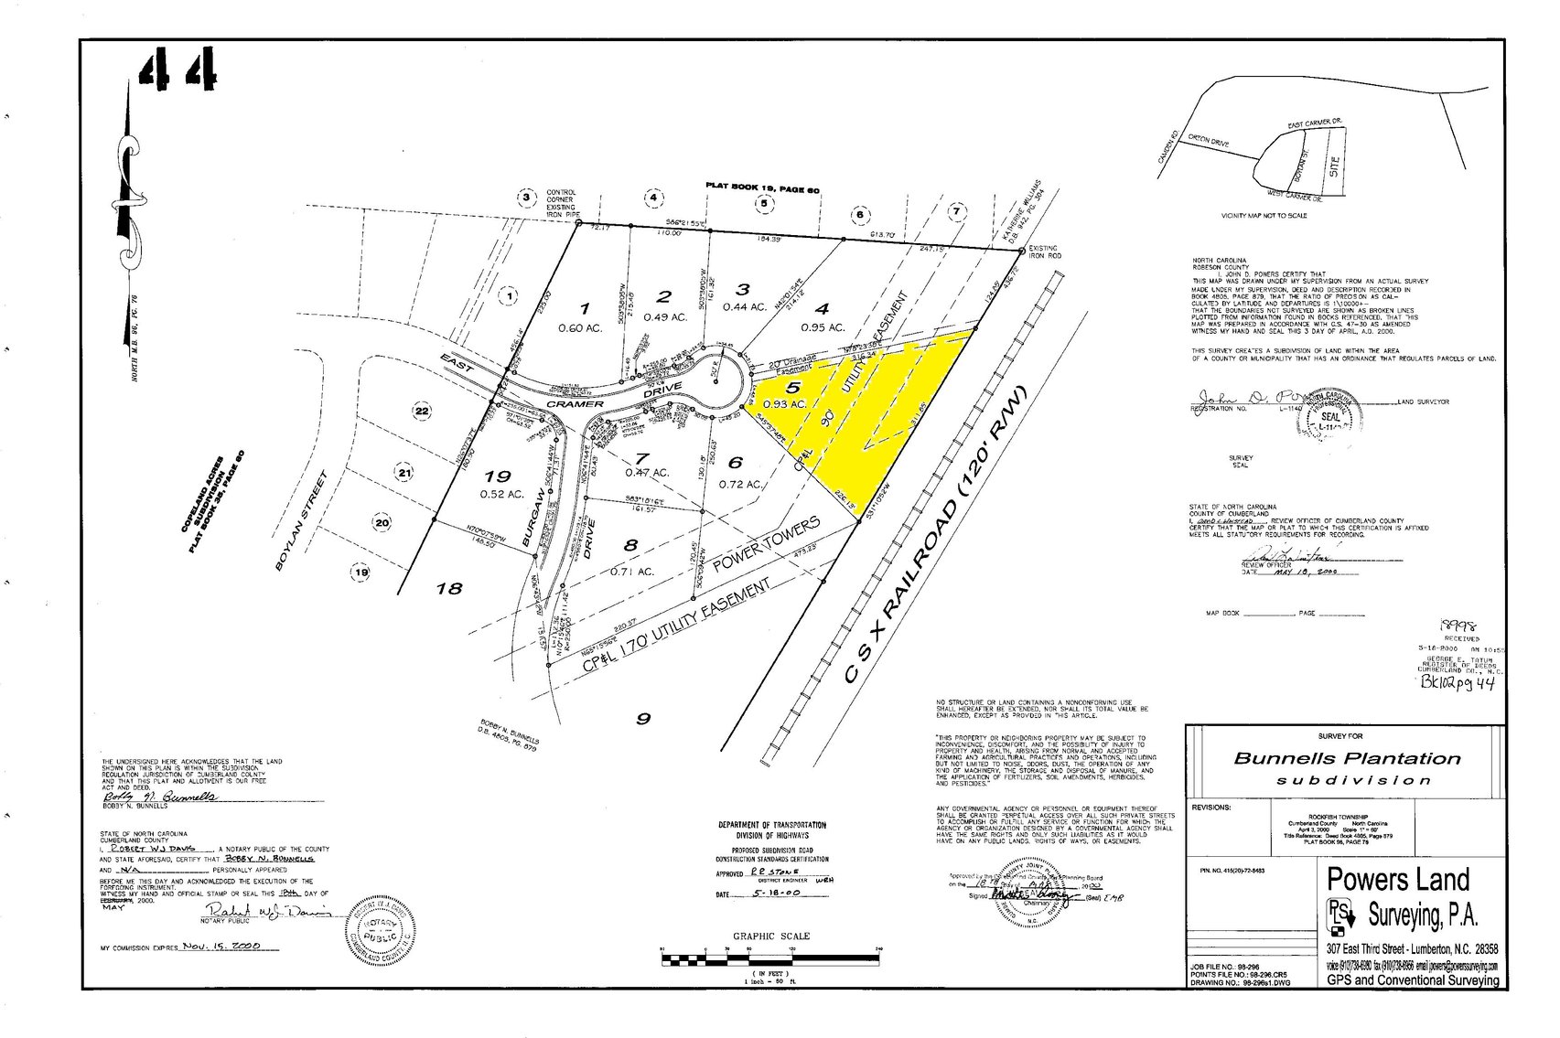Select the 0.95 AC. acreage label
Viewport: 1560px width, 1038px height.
click(821, 326)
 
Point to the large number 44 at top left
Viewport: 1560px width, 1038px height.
click(179, 69)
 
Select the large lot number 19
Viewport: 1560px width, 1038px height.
click(499, 476)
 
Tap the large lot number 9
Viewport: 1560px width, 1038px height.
click(643, 718)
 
